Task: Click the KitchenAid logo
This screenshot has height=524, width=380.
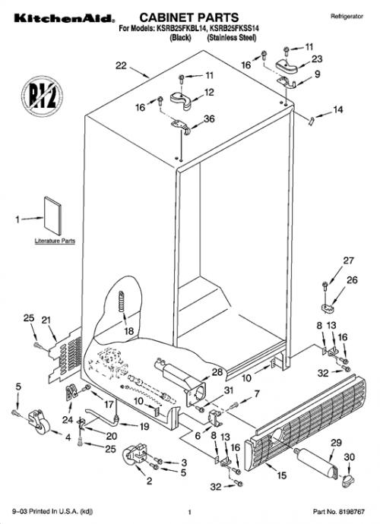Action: click(65, 18)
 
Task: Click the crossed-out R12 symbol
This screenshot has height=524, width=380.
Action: click(42, 96)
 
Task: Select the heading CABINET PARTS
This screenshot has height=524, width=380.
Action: click(189, 17)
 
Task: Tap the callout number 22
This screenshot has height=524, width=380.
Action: click(121, 65)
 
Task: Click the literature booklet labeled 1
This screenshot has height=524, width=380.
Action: click(53, 216)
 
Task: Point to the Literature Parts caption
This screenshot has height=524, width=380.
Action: click(55, 241)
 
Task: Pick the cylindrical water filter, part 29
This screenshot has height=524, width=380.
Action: click(316, 463)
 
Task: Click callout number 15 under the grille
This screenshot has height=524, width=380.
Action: click(282, 475)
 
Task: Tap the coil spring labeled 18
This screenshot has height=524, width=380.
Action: click(122, 301)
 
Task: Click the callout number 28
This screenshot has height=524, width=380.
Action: click(217, 372)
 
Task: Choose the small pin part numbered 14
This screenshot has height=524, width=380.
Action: click(312, 122)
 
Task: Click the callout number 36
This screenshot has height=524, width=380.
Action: click(209, 118)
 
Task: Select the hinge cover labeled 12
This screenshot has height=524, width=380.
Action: click(181, 100)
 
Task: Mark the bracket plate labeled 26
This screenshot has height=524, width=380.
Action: click(327, 308)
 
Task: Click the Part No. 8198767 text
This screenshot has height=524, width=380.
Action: click(339, 512)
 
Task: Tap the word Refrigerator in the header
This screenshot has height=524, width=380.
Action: click(347, 16)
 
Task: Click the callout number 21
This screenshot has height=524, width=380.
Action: click(46, 320)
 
